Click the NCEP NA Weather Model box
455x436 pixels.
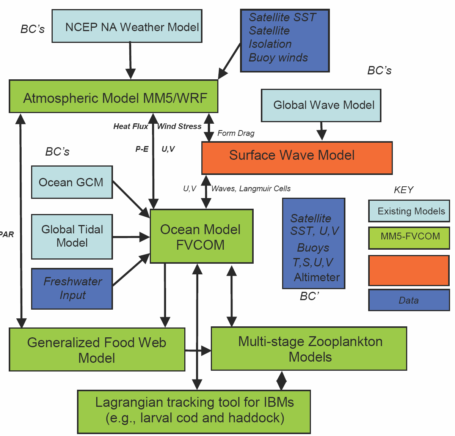[x=127, y=27]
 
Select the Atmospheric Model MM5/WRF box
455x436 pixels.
[x=114, y=97]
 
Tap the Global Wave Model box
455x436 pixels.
[x=321, y=105]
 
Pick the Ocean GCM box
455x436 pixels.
[x=72, y=182]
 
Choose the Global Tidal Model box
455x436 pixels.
[x=72, y=236]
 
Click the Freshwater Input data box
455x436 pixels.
[x=72, y=288]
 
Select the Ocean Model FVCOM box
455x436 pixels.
[x=201, y=236]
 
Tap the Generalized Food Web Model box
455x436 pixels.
[x=97, y=349]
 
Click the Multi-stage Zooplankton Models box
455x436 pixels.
[x=309, y=349]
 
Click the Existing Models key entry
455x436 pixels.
[x=409, y=211]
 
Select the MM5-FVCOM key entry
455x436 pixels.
[x=409, y=237]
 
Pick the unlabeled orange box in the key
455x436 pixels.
[x=409, y=270]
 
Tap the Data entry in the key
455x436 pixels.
[x=409, y=300]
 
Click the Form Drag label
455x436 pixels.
[x=236, y=133]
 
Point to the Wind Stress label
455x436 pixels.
[x=179, y=126]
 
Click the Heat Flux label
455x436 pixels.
[x=130, y=126]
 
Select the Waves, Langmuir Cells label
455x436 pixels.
[x=251, y=189]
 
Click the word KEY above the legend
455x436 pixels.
[x=403, y=190]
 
